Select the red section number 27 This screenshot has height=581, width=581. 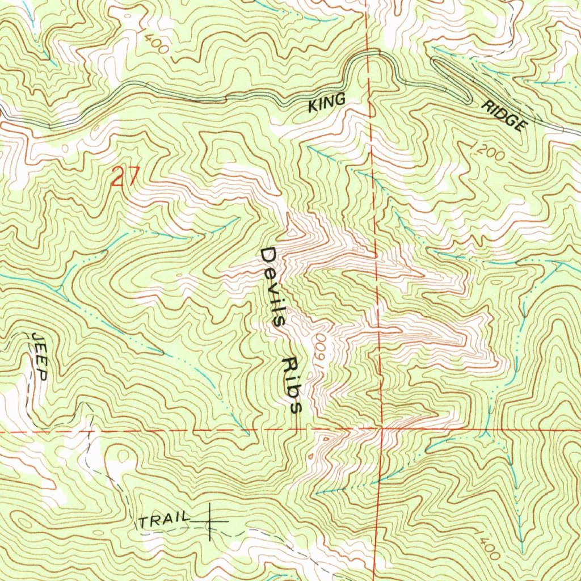pyautogui.click(x=124, y=177)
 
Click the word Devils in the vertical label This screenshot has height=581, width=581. pyautogui.click(x=273, y=287)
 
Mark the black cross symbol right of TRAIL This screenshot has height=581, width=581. pyautogui.click(x=210, y=520)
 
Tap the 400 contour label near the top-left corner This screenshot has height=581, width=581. pyautogui.click(x=156, y=44)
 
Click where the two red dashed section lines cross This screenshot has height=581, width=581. pyautogui.click(x=381, y=430)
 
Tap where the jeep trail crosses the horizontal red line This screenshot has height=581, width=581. pyautogui.click(x=90, y=431)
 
